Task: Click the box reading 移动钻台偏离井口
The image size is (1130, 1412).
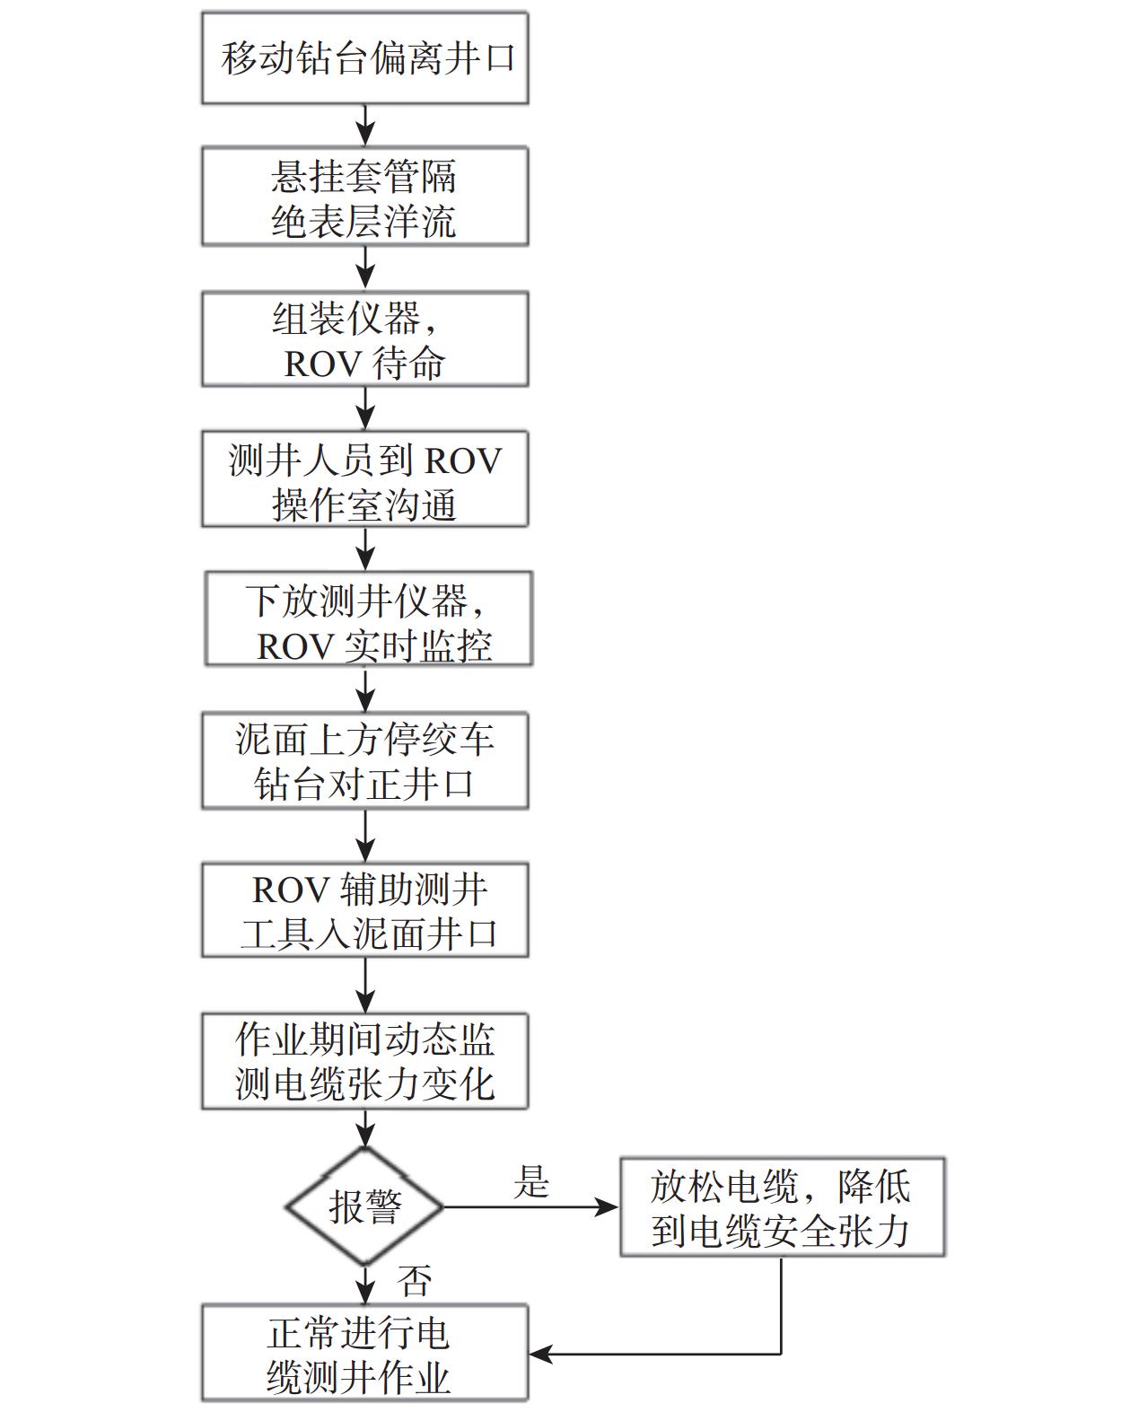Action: point(364,58)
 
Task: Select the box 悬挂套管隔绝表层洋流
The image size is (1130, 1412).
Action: point(364,197)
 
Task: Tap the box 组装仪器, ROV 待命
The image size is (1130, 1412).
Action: point(364,339)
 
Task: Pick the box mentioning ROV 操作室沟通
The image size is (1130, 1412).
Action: point(364,479)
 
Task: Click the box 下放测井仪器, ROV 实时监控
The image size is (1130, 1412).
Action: point(368,619)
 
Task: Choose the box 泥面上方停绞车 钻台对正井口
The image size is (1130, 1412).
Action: point(364,761)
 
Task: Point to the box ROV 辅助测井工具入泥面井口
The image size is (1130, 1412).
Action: point(364,910)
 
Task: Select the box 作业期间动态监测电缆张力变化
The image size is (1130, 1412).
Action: point(364,1061)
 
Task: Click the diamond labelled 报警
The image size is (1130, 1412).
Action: point(364,1206)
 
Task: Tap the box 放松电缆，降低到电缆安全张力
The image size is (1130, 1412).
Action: point(782,1207)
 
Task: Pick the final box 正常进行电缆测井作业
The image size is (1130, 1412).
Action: point(364,1354)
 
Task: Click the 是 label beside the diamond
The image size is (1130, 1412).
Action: point(531,1182)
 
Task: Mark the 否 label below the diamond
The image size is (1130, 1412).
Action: point(415,1280)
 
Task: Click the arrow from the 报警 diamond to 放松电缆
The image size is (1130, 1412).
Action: point(530,1207)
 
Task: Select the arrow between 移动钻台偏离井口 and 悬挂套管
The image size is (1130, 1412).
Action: point(365,126)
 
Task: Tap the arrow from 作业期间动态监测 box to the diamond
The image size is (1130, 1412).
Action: point(365,1127)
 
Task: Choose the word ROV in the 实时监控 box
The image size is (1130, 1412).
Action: point(295,646)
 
